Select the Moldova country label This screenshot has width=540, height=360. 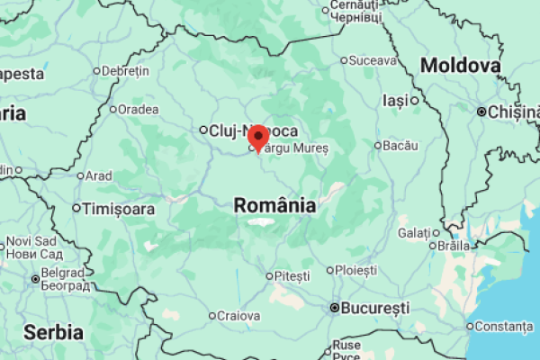[x=460, y=66]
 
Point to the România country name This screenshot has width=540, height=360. [x=274, y=205]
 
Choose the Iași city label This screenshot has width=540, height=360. [x=395, y=100]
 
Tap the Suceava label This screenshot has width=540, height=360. [x=373, y=61]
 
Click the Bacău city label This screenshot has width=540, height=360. [x=400, y=145]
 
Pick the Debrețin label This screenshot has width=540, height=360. [x=125, y=70]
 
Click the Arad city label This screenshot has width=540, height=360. [x=98, y=175]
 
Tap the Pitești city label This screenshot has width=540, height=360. [x=292, y=274]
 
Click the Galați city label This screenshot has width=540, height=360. [x=414, y=233]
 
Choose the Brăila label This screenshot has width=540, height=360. [x=454, y=245]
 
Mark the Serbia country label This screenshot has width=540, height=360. [x=54, y=332]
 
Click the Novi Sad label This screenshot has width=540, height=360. [x=31, y=241]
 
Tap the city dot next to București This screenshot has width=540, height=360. [x=335, y=308]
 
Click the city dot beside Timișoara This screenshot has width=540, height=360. [x=76, y=209]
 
